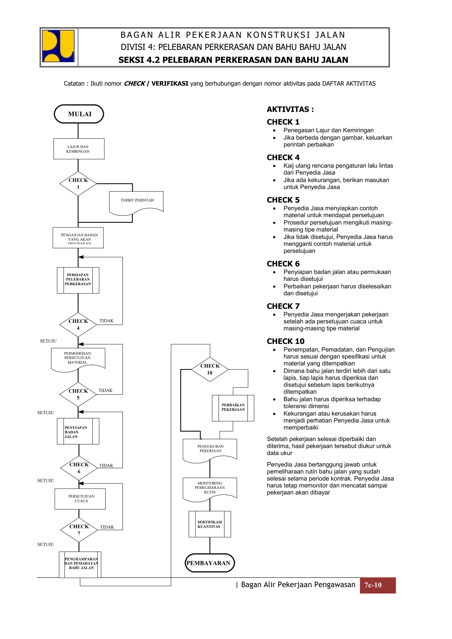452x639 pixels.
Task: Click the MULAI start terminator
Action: click(x=79, y=114)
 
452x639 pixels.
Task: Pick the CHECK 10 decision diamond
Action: click(x=210, y=369)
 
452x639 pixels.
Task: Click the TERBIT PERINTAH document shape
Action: click(x=136, y=202)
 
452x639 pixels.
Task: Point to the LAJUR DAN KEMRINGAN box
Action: click(x=79, y=149)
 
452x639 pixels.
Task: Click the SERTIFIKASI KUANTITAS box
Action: click(x=210, y=524)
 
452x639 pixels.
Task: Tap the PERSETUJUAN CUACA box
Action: click(x=80, y=499)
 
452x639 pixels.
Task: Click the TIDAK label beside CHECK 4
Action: click(x=106, y=321)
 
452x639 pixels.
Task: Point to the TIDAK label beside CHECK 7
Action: click(x=107, y=527)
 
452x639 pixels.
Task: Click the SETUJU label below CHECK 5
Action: click(x=46, y=413)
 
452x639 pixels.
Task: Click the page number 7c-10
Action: click(x=373, y=585)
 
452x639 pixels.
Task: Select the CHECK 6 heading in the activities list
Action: click(x=283, y=264)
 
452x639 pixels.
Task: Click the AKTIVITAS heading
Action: click(x=290, y=109)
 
